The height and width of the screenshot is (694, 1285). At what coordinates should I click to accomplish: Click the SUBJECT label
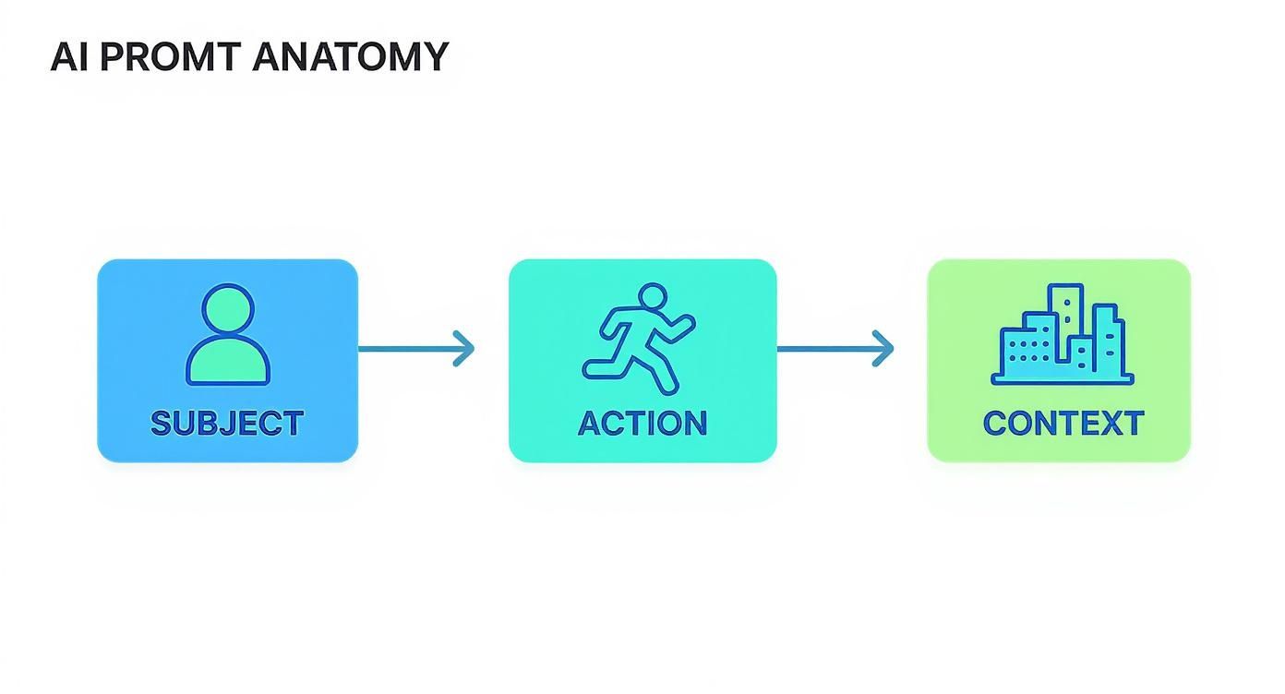[x=227, y=424]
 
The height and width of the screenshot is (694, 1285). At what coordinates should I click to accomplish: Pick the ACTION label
[x=642, y=424]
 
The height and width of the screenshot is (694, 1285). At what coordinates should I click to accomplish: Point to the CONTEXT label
[x=1063, y=424]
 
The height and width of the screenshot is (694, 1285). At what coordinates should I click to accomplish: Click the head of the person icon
[x=227, y=312]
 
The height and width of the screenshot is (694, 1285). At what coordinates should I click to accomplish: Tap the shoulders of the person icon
[x=228, y=365]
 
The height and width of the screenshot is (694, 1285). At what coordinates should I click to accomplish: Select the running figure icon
[x=639, y=336]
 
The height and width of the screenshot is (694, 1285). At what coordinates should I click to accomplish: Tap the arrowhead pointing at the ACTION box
[x=464, y=349]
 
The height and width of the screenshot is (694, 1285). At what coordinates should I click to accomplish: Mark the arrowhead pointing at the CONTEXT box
[x=883, y=349]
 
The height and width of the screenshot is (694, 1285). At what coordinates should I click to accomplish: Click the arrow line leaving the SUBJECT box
[x=406, y=349]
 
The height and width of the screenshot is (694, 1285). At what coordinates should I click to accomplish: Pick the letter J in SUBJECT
[x=237, y=424]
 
